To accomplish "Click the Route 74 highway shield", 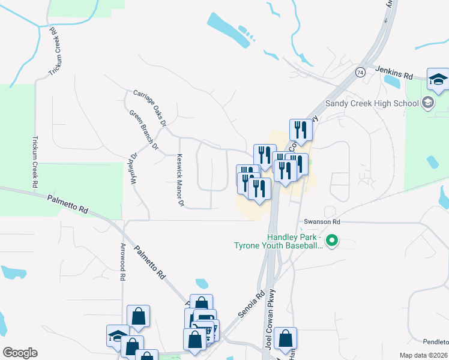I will coord(360,72).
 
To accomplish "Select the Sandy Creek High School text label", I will coord(372,103).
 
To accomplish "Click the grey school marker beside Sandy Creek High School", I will coord(427,102).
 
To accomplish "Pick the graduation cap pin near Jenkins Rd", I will coord(438,79).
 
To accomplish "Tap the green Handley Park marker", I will coord(331,242).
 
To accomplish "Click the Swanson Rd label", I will coord(322,221).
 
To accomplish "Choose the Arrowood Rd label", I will coord(122,262).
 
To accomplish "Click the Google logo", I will coord(20,353).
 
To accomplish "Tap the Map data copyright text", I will coord(424,355).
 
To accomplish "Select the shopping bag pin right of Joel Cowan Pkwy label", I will coord(287,338).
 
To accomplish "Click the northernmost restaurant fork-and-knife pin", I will coord(300,129).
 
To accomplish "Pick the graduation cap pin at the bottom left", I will coord(117,335).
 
